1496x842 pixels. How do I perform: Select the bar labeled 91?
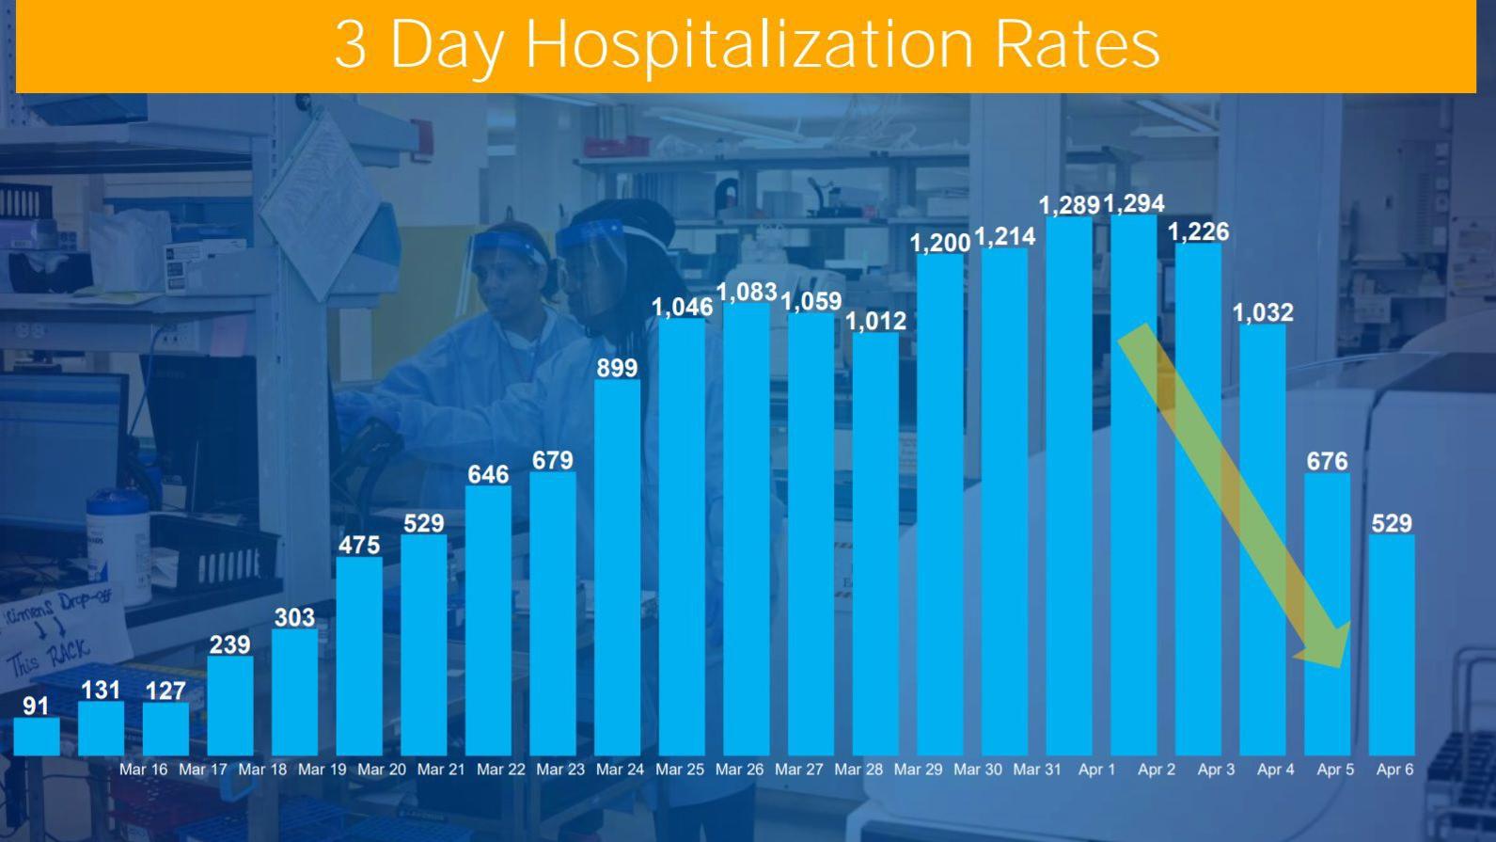[36, 736]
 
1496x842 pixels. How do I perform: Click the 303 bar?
[294, 691]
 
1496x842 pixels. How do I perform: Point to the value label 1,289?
[1068, 205]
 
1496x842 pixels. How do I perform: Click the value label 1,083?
[747, 293]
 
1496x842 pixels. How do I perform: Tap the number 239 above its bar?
[229, 644]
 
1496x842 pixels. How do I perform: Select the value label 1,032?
[1263, 312]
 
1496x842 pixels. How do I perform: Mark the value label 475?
[359, 545]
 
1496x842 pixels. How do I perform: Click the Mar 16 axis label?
[143, 770]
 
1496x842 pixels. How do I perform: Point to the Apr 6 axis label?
[1394, 770]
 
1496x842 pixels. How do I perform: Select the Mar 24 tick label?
[620, 770]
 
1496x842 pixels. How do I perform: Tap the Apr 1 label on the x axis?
[1096, 770]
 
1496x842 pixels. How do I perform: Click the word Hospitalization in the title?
[748, 44]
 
